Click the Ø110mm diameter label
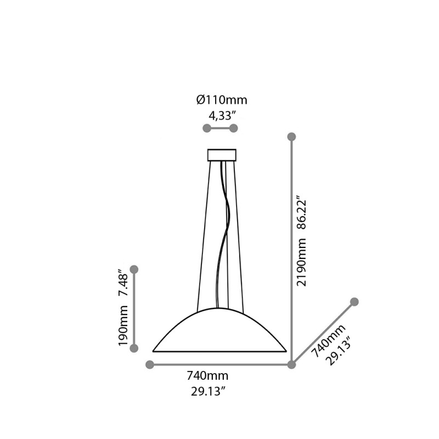point(222,100)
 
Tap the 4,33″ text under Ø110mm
point(222,115)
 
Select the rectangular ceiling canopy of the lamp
point(222,155)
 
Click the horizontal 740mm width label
point(207,376)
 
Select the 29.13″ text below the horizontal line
point(207,391)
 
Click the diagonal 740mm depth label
point(328,340)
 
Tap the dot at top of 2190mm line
point(292,136)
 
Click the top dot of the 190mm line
point(134,269)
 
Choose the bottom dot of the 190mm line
point(134,348)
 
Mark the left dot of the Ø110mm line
point(206,128)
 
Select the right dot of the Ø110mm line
point(233,128)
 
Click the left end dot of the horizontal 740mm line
point(149,364)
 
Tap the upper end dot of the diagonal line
point(354,302)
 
